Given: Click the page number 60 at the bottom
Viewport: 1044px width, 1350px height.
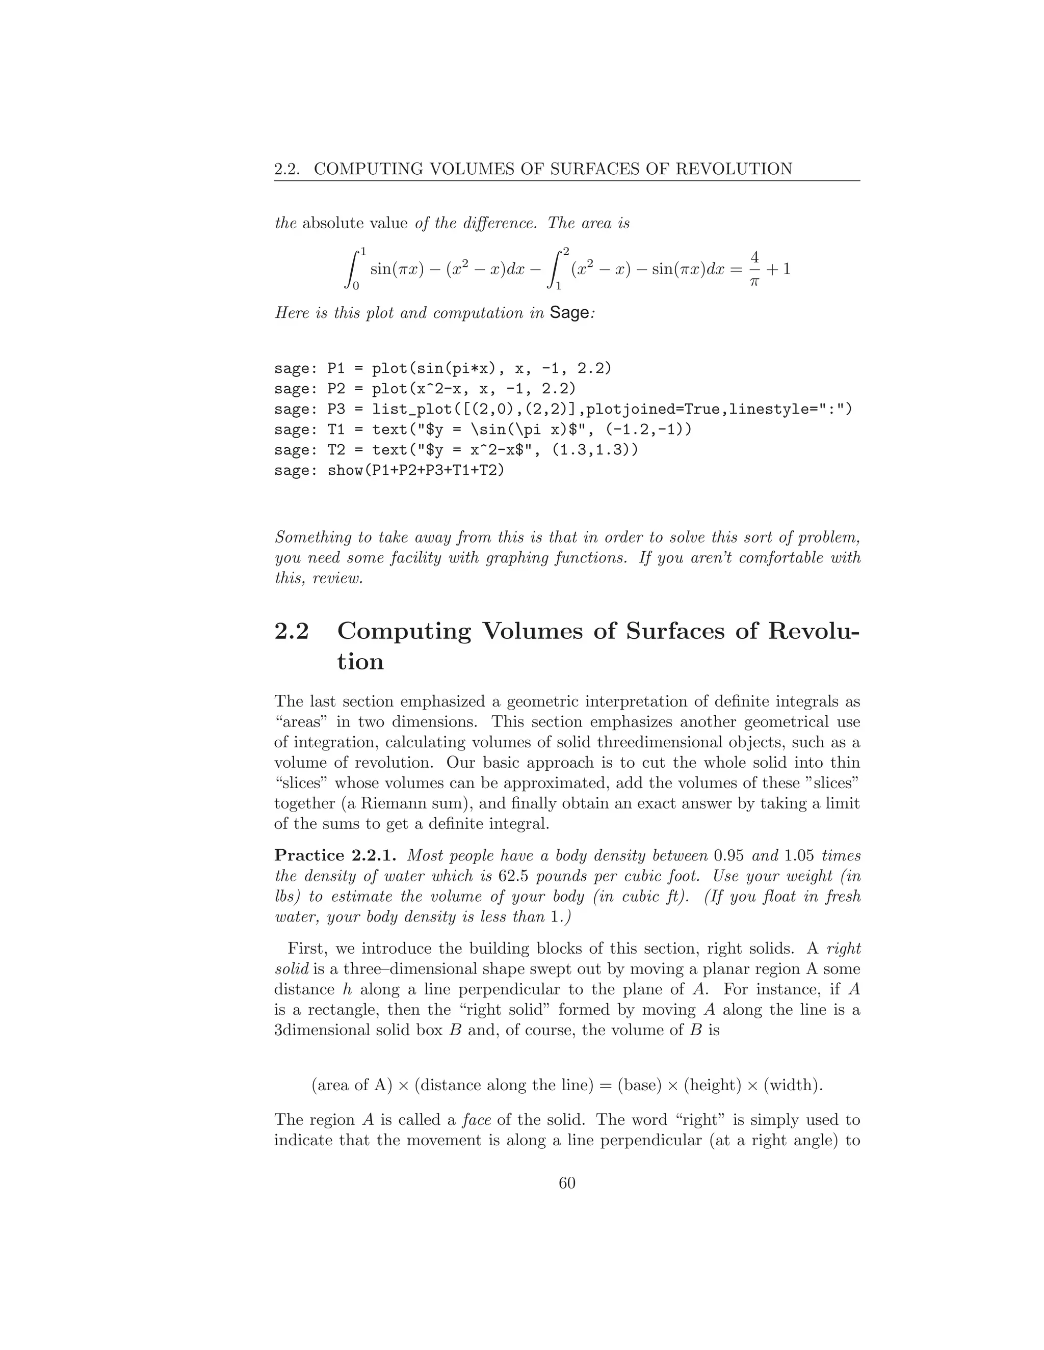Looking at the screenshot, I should (x=566, y=1182).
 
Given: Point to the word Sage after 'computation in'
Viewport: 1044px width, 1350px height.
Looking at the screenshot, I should (x=569, y=313).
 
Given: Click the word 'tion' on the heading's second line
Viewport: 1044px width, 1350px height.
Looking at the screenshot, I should (x=360, y=662).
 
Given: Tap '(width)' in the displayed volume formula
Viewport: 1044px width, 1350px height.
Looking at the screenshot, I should (x=792, y=1085).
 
